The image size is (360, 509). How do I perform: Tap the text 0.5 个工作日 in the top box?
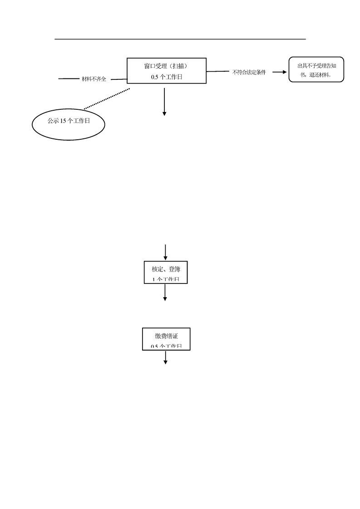click(167, 77)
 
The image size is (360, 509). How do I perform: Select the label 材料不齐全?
click(94, 79)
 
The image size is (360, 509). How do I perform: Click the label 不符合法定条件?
click(249, 72)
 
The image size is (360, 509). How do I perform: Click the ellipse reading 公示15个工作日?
click(69, 122)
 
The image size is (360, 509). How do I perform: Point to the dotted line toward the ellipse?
click(107, 99)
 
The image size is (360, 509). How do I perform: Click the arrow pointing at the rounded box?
click(279, 72)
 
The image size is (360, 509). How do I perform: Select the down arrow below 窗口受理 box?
click(164, 102)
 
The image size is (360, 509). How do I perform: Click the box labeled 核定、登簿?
click(165, 272)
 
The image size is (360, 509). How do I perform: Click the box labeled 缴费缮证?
click(166, 338)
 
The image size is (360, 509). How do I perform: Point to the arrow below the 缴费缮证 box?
click(166, 357)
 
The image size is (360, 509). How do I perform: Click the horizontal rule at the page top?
click(180, 39)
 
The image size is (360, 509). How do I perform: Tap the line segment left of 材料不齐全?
click(69, 79)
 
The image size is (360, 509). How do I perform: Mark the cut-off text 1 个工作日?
click(165, 279)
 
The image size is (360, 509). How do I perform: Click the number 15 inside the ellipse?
click(63, 122)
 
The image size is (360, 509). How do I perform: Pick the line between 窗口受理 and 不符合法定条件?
click(218, 71)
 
